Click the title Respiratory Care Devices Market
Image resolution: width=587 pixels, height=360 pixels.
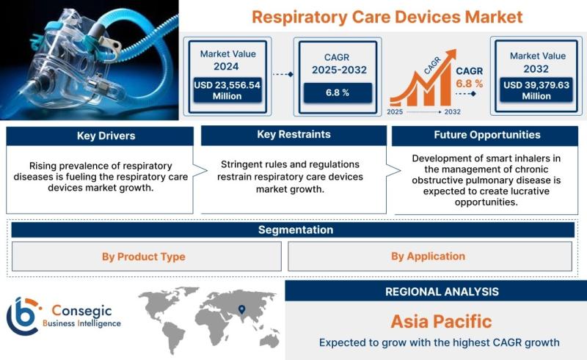coord(387,17)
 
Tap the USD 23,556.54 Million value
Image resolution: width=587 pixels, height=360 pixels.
coord(227,91)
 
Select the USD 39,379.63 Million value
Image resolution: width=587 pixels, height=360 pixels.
coord(536,91)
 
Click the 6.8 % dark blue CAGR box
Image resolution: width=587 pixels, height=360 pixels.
coord(338,93)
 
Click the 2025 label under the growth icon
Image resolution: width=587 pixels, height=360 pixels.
coord(395,112)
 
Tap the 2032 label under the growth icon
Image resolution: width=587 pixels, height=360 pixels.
coord(452,112)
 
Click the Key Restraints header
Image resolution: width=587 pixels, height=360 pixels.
coord(294,135)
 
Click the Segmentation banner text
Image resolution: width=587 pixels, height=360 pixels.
coord(296,229)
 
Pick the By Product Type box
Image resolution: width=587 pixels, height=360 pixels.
coord(147,257)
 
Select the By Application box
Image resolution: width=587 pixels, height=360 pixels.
coord(430,257)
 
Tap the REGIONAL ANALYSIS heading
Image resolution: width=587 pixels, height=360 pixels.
coord(442,292)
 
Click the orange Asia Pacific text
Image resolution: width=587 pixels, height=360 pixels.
coord(442,321)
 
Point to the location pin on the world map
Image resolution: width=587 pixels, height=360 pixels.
coord(242,309)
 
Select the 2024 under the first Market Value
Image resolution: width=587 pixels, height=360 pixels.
coord(226,67)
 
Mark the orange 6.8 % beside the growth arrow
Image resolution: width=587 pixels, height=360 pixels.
coord(469,84)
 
